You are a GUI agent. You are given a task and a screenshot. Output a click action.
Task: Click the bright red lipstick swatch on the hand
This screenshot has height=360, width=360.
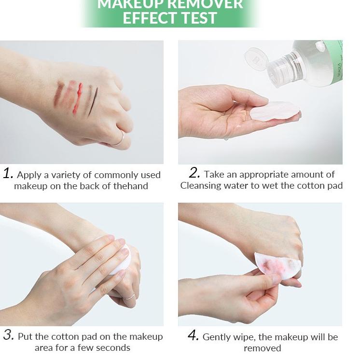(78, 99)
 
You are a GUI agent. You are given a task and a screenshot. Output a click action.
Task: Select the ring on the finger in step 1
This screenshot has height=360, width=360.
(120, 139)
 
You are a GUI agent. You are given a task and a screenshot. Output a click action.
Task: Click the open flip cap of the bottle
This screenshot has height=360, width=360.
(256, 59)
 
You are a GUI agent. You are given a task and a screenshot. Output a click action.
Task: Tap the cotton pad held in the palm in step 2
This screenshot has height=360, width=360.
(275, 111)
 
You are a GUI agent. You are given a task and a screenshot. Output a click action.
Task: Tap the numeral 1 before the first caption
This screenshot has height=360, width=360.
(8, 173)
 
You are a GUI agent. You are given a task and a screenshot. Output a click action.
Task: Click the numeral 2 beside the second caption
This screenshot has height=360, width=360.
(194, 173)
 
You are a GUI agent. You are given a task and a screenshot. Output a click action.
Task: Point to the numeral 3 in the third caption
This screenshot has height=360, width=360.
(9, 335)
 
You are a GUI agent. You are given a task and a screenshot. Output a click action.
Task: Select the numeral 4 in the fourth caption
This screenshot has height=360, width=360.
(193, 335)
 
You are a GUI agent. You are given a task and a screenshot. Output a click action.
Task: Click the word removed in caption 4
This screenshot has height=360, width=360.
(263, 348)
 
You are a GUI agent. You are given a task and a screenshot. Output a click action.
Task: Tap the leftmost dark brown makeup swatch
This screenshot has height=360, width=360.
(58, 93)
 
